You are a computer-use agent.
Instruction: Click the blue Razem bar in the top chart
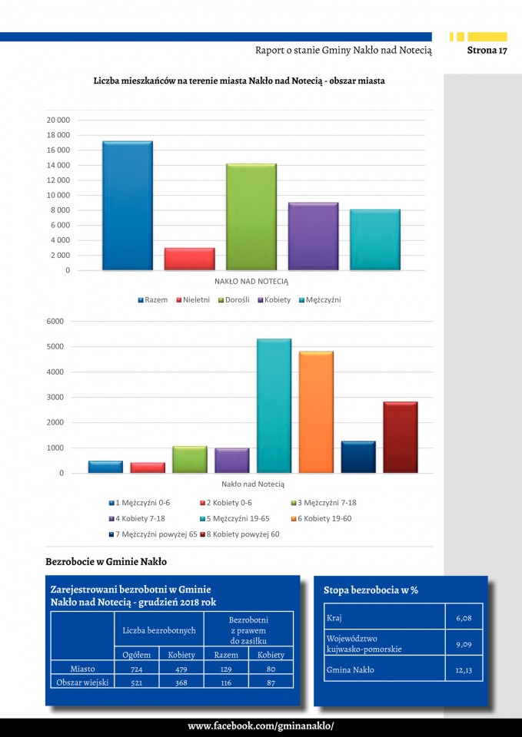127,206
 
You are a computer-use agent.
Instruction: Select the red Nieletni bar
189,259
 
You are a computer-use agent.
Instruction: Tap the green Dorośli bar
251,217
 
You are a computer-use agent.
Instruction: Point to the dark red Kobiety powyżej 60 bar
401,437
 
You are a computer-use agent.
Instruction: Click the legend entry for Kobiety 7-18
140,518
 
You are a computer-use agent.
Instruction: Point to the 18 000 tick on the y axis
58,135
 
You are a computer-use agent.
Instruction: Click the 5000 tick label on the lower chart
56,347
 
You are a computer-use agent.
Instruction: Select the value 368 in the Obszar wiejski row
181,682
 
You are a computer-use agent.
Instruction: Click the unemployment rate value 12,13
464,669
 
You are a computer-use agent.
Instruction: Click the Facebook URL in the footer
261,726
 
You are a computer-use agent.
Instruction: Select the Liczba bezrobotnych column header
159,630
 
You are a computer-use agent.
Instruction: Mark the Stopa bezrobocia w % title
371,590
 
